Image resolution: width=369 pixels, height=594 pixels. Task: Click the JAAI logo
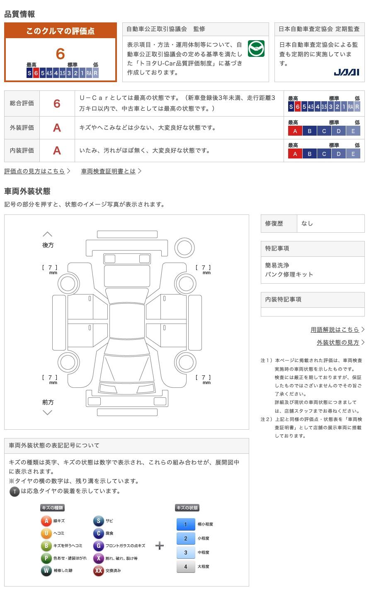[x=346, y=72]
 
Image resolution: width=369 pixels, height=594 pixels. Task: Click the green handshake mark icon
[x=256, y=49]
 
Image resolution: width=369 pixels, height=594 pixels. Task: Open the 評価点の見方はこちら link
[x=35, y=171]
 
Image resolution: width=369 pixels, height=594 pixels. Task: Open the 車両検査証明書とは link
[x=109, y=171]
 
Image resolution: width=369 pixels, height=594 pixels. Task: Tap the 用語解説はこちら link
[x=335, y=329]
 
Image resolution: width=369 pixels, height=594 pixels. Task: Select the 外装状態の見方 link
[x=338, y=342]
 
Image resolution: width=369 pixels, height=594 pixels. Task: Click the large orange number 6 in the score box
[x=61, y=54]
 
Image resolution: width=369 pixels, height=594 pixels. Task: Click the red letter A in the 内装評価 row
[x=57, y=150]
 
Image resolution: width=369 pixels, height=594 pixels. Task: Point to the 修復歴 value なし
[x=307, y=223]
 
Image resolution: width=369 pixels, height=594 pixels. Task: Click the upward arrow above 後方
[x=48, y=234]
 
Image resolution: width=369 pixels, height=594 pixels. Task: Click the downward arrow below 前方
[x=48, y=412]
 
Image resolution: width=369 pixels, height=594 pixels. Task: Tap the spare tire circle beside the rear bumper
[x=184, y=248]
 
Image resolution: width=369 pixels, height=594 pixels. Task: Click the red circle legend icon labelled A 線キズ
[x=46, y=521]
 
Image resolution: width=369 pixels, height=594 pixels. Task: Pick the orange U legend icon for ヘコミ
[x=46, y=533]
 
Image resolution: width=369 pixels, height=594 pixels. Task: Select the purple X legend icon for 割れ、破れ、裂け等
[x=98, y=558]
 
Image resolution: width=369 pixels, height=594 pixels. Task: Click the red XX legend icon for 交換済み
[x=98, y=571]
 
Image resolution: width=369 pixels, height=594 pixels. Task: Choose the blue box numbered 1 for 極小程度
[x=185, y=524]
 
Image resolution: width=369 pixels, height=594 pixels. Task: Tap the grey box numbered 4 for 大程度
[x=185, y=567]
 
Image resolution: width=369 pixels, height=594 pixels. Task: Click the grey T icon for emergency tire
[x=15, y=492]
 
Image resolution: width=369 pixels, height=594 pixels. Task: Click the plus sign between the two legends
[x=160, y=545]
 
